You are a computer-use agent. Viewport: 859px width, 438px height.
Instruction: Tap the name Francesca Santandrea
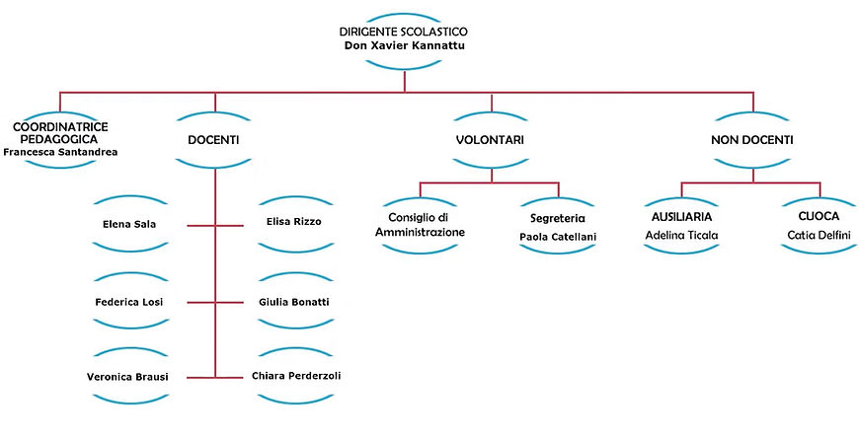click(x=60, y=154)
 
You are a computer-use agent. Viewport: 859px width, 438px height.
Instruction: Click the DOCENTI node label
click(x=213, y=140)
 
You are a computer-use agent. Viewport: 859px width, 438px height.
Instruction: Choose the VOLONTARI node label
click(x=490, y=140)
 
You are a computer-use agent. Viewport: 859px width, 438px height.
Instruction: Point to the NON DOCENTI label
click(x=752, y=140)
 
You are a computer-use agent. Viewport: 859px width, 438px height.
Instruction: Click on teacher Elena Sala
click(x=129, y=224)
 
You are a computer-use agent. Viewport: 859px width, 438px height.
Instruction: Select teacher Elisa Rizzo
click(x=294, y=221)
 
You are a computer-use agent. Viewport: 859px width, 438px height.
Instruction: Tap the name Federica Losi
click(x=129, y=301)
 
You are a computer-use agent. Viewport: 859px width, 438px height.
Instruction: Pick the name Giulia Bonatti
click(x=294, y=301)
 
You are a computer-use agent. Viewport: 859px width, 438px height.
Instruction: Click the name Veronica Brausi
click(x=129, y=377)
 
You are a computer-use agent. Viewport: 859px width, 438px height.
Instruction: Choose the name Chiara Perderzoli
click(x=297, y=376)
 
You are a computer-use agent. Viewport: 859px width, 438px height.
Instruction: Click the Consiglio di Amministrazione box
click(x=421, y=224)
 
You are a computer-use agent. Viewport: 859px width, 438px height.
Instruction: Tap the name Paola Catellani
click(x=559, y=237)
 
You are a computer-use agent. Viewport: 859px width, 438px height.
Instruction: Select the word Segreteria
click(x=559, y=216)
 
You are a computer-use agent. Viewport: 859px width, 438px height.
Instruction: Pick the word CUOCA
click(x=819, y=216)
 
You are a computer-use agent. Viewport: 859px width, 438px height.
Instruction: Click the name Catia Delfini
click(x=819, y=237)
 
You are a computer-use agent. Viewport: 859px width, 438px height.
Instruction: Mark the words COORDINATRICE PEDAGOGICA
click(x=60, y=133)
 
